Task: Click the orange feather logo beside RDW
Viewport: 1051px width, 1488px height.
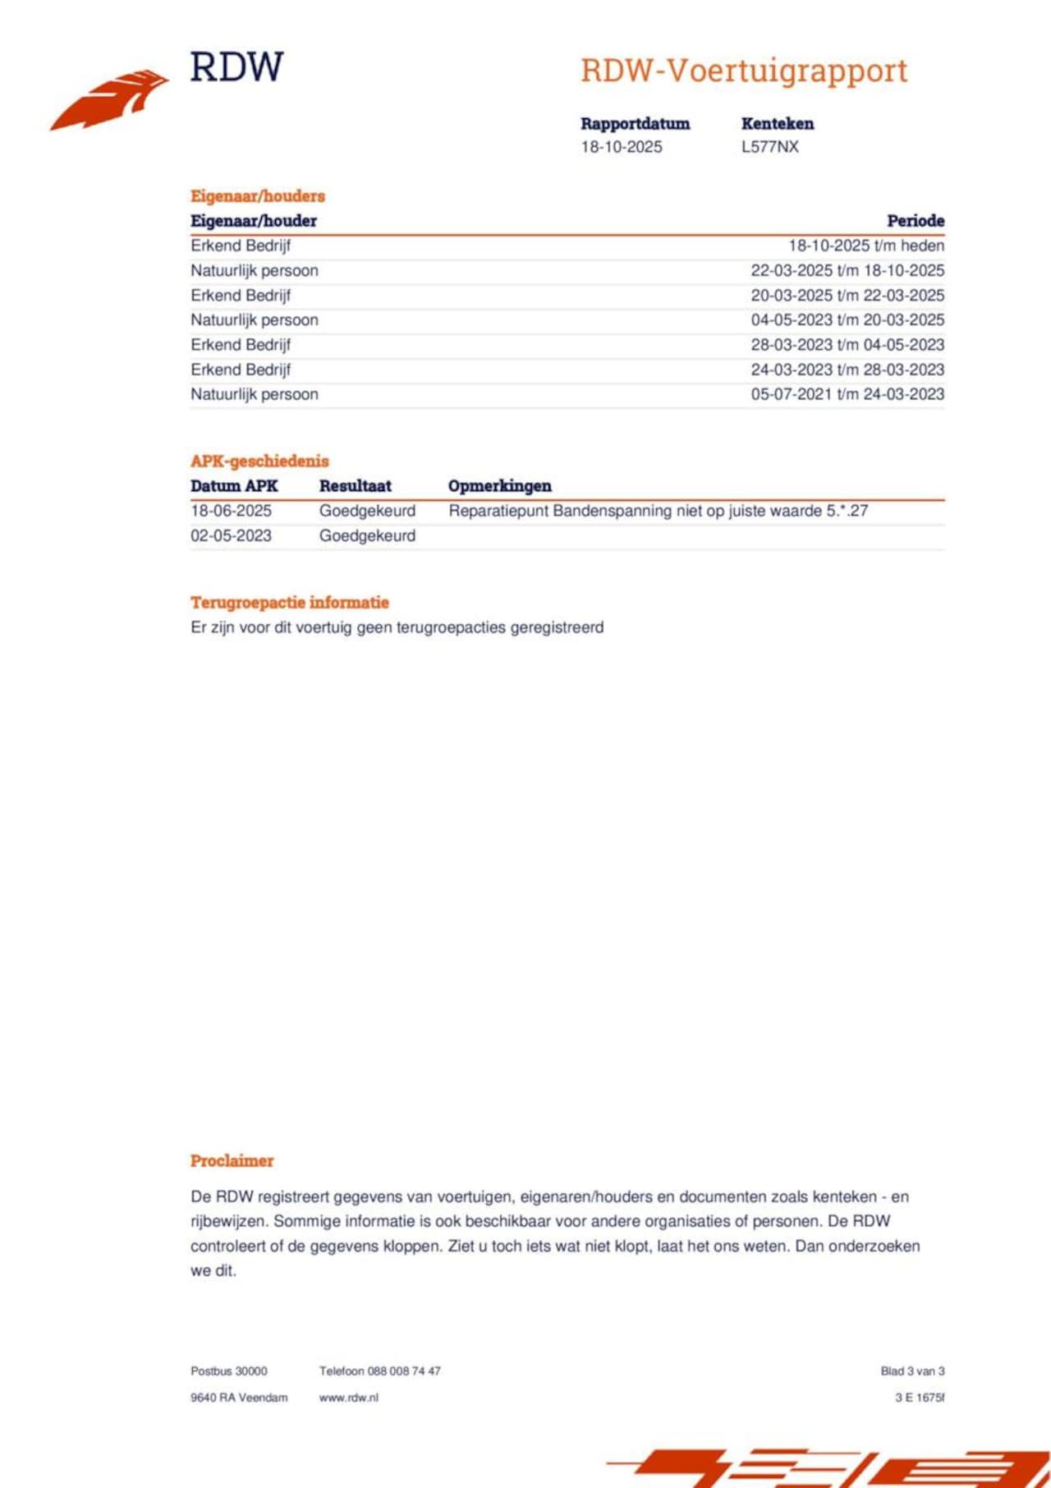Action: point(111,99)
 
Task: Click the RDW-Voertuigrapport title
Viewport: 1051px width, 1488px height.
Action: point(744,71)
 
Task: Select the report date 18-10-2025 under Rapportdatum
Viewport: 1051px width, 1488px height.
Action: point(622,147)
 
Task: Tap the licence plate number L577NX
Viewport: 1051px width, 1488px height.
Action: point(769,147)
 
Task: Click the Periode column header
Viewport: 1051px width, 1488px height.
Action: point(916,220)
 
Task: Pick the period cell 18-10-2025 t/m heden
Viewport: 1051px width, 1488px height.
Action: point(866,246)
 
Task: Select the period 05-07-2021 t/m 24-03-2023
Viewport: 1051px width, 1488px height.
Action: point(847,394)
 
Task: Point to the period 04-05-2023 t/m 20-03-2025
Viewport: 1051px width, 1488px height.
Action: point(847,320)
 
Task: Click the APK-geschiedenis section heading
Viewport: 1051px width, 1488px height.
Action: point(259,461)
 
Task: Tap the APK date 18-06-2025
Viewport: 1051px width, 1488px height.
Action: point(231,511)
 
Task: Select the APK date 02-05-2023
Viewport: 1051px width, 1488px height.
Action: point(231,535)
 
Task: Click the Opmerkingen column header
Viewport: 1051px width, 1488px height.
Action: point(499,485)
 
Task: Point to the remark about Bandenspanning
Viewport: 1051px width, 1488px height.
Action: point(658,511)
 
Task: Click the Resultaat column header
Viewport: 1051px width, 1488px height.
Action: point(355,485)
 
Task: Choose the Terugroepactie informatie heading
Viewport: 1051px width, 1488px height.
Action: point(289,602)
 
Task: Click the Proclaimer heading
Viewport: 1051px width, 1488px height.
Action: point(232,1160)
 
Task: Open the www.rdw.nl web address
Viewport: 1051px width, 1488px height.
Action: point(348,1397)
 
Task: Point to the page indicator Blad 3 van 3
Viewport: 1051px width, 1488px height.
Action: point(912,1371)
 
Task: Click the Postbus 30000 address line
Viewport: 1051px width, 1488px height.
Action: point(229,1371)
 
